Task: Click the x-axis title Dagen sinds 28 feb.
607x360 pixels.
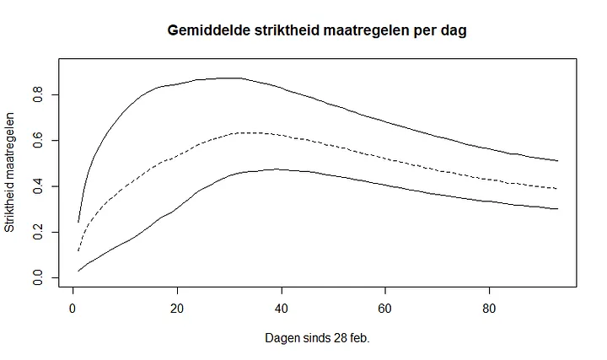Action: pyautogui.click(x=318, y=338)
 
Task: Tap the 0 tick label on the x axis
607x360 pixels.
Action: pyautogui.click(x=73, y=307)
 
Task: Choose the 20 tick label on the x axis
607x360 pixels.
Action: pyautogui.click(x=177, y=307)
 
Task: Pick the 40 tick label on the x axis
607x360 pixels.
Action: pyautogui.click(x=282, y=307)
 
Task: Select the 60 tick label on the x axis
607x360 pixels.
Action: pyautogui.click(x=385, y=307)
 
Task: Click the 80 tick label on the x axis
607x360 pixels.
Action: pyautogui.click(x=490, y=307)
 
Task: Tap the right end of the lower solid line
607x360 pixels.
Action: pyautogui.click(x=557, y=208)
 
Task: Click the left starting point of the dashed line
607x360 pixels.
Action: pyautogui.click(x=78, y=250)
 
